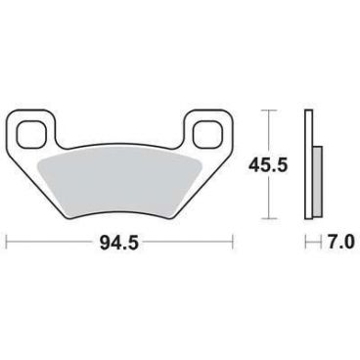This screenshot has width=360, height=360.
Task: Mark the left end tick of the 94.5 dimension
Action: point(8,239)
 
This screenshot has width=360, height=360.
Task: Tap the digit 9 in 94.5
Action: point(104,239)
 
